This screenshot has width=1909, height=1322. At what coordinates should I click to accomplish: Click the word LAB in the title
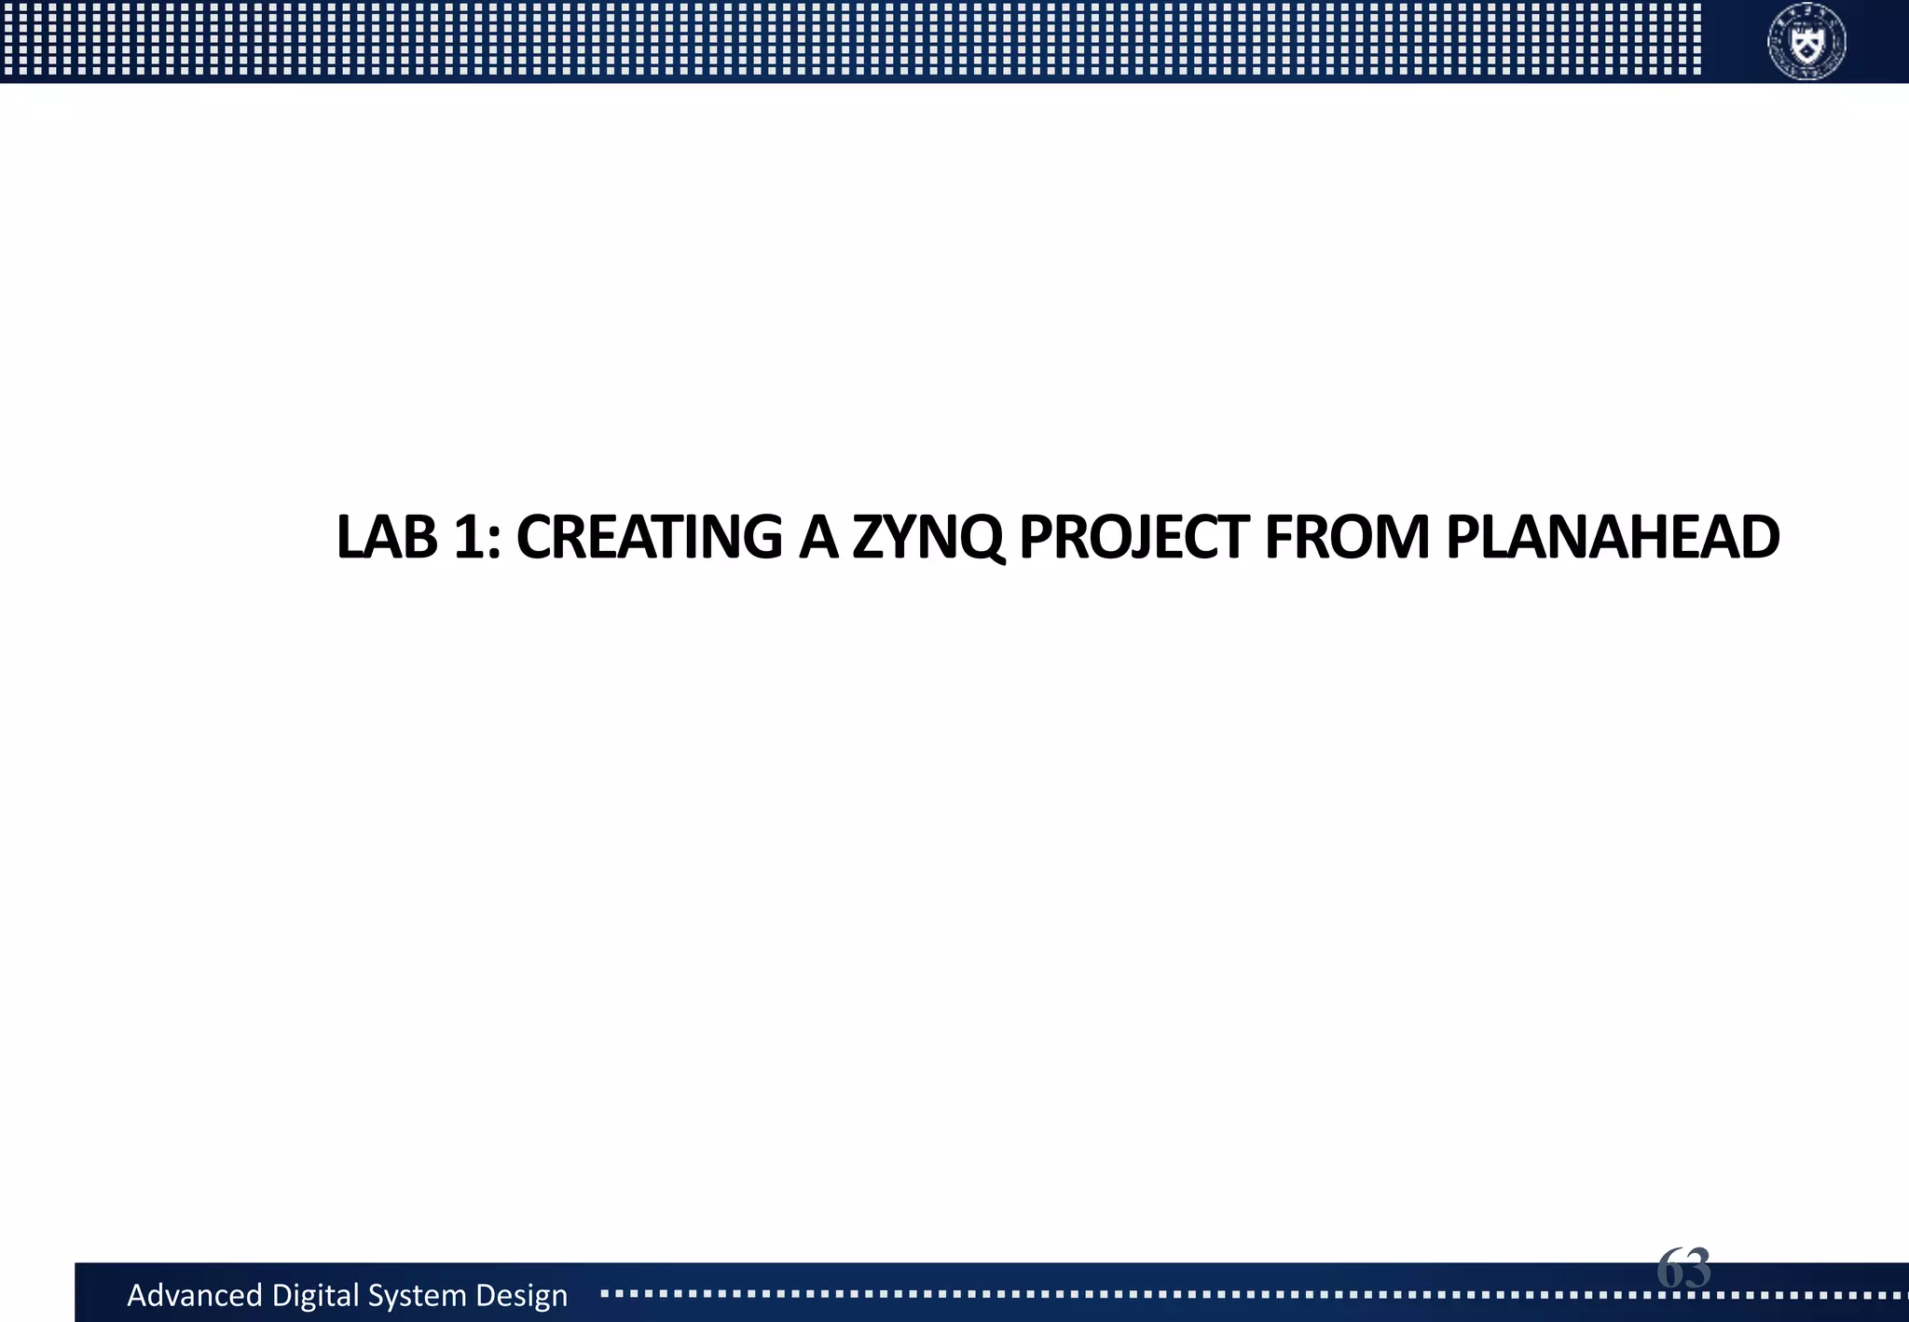[x=386, y=538]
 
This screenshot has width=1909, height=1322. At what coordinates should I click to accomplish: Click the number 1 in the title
[x=470, y=538]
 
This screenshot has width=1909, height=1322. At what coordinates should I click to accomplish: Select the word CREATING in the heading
[x=649, y=538]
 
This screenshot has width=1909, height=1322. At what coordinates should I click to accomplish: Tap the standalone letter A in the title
[x=818, y=538]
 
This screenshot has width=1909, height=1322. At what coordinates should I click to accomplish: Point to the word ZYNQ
[x=928, y=538]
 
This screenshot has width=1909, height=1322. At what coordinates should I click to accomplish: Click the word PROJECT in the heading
[x=1134, y=538]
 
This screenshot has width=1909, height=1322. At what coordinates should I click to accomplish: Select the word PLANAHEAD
[x=1613, y=538]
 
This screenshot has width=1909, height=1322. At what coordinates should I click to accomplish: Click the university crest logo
[x=1806, y=41]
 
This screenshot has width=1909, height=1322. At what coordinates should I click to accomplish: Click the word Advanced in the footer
[x=195, y=1295]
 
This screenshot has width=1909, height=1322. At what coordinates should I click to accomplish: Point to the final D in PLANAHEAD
[x=1758, y=538]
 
